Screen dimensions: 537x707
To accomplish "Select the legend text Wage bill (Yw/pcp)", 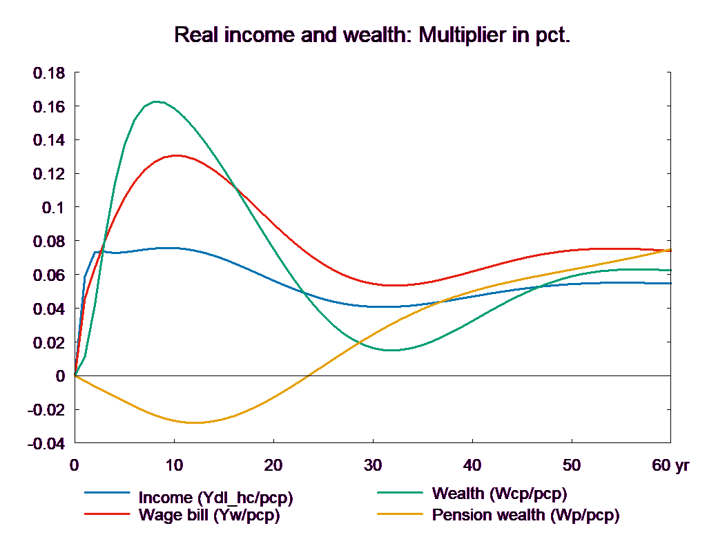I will (209, 514).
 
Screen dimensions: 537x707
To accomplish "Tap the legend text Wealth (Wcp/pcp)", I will (499, 494).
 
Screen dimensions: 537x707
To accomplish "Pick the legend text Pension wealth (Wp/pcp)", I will (525, 514).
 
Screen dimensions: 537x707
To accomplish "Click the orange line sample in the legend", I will (400, 514).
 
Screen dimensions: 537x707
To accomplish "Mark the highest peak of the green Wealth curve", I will (157, 101).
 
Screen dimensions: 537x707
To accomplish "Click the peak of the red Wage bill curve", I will (177, 155).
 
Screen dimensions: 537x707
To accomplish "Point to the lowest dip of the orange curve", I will (195, 422).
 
